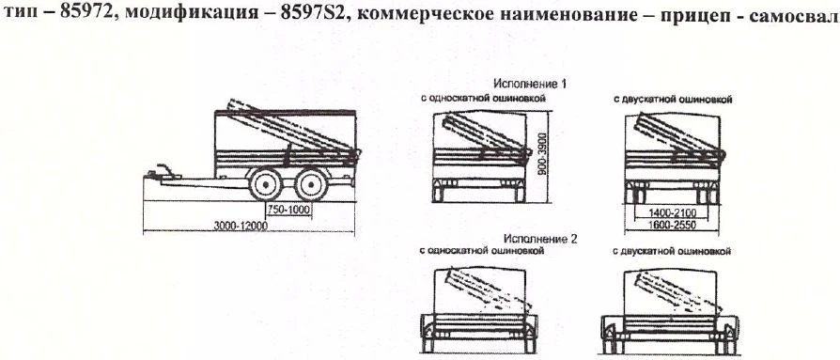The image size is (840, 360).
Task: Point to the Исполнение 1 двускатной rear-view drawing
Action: tap(670, 155)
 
